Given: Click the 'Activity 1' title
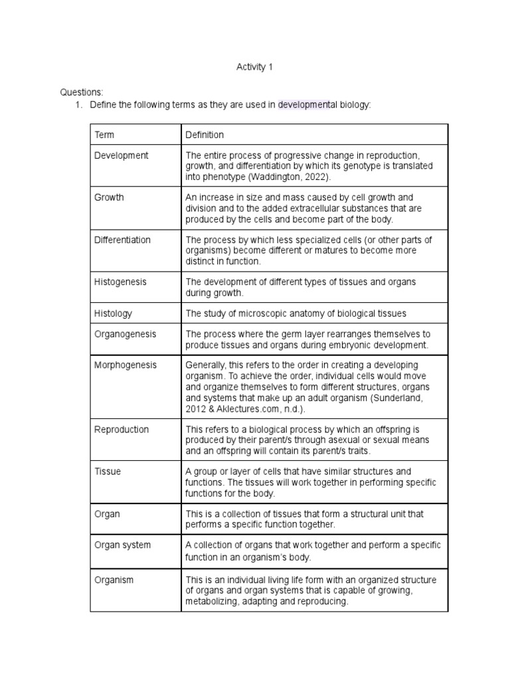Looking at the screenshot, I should (254, 67).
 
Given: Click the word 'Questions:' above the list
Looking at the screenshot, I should (82, 92).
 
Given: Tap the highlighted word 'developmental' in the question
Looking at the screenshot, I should (307, 105).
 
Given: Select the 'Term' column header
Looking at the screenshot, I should (104, 135).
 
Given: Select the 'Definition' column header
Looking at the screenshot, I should (205, 135).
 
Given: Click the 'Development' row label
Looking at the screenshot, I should (122, 155).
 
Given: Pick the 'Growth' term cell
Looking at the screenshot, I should (109, 197).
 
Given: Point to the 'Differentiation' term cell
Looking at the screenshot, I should (122, 240).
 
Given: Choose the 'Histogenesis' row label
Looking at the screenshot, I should (120, 282).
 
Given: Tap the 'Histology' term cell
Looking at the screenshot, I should (113, 313).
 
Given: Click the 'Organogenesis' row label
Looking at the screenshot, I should (126, 334).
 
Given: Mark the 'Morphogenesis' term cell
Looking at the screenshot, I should (126, 366).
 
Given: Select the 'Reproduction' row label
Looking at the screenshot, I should (122, 429).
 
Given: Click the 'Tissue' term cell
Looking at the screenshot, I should (108, 471).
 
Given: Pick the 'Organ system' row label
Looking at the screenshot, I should (123, 545).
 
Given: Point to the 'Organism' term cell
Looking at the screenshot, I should (114, 580).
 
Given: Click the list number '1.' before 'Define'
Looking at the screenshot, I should (78, 105).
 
